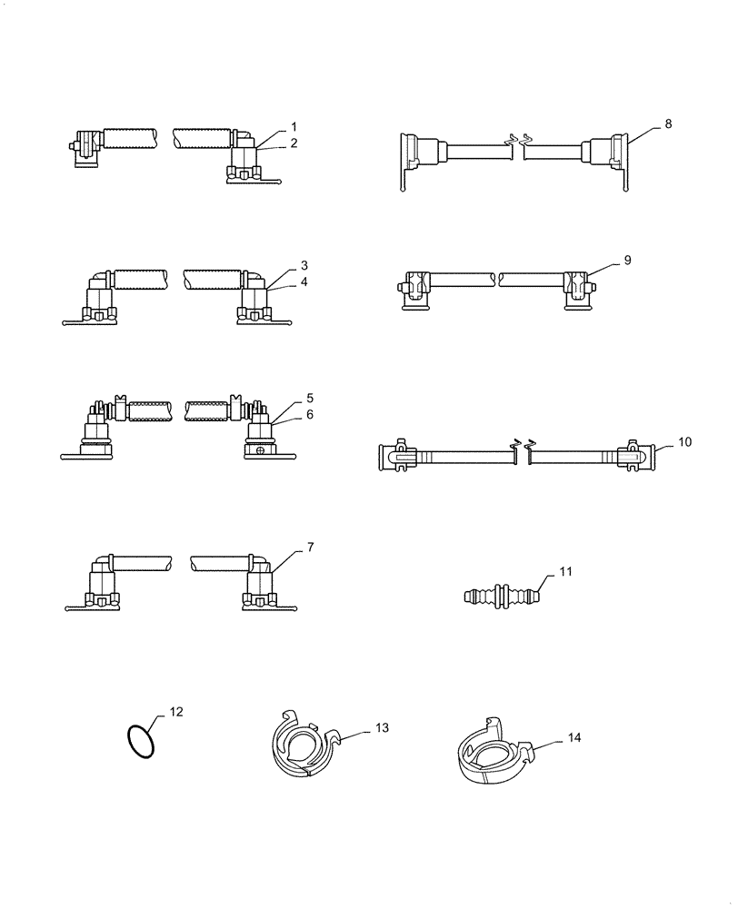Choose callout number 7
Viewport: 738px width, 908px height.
310,547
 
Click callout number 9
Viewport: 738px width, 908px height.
627,260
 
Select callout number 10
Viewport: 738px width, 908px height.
684,441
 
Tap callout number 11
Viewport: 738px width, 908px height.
566,573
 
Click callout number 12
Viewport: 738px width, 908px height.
176,712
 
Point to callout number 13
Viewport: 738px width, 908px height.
382,728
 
